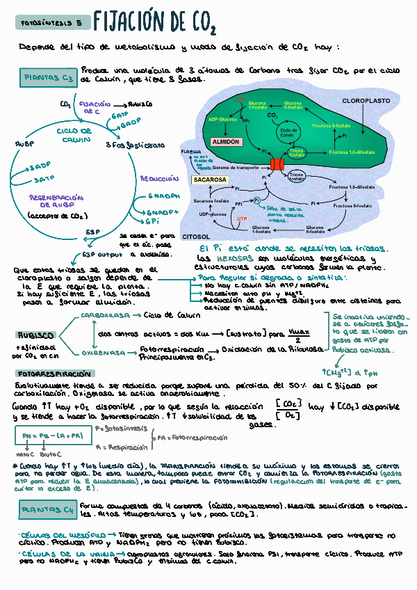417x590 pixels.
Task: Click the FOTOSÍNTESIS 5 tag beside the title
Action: (51, 23)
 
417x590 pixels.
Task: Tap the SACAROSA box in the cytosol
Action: (210, 179)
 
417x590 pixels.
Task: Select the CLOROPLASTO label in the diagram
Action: (366, 101)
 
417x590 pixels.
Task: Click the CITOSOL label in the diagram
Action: (196, 237)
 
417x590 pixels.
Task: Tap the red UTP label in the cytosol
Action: (242, 218)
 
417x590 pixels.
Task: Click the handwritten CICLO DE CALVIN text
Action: (74, 135)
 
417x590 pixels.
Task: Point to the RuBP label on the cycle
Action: (24, 144)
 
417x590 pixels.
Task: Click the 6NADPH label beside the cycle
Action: (164, 196)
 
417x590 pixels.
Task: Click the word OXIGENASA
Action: (104, 353)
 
